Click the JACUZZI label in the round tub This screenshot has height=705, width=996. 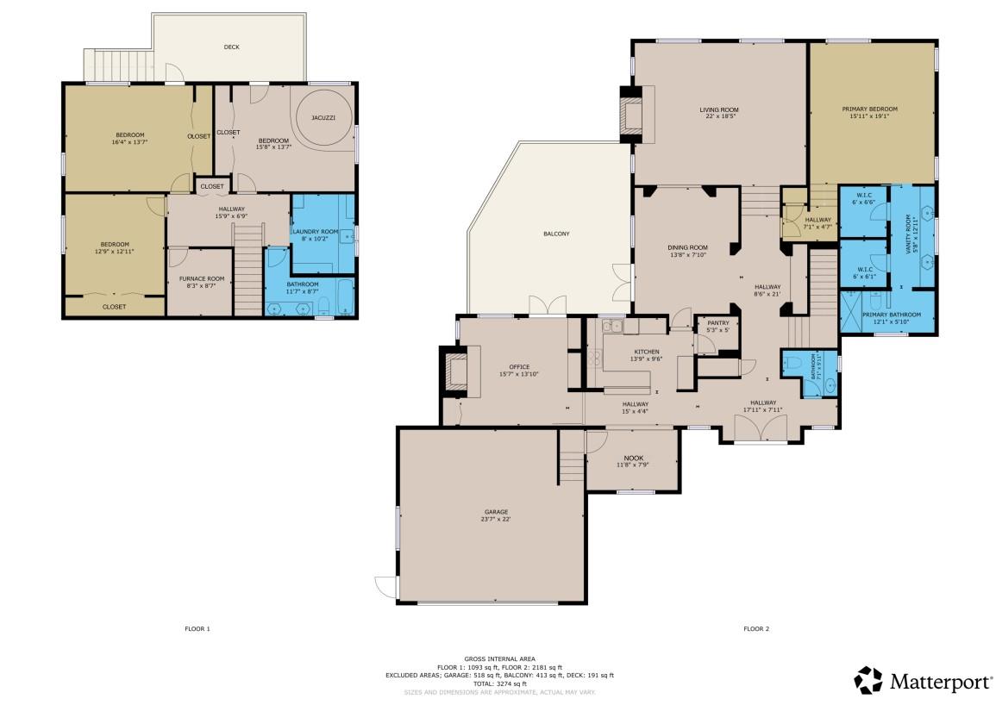[323, 117]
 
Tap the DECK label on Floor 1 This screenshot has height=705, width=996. [231, 47]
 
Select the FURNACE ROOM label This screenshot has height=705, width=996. [202, 278]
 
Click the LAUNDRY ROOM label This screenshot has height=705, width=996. [315, 232]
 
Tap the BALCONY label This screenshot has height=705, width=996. [556, 234]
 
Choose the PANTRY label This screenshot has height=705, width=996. [717, 323]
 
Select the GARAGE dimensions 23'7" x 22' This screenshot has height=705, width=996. [495, 520]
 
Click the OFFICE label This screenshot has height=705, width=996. [519, 367]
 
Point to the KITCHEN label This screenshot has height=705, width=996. [647, 352]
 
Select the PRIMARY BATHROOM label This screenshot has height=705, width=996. [892, 315]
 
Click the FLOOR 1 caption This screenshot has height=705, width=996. [197, 629]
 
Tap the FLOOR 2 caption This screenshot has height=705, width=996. [756, 629]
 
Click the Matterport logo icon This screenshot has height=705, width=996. [868, 680]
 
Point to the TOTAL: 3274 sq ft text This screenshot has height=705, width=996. [499, 683]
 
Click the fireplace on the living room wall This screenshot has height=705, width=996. [634, 112]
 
